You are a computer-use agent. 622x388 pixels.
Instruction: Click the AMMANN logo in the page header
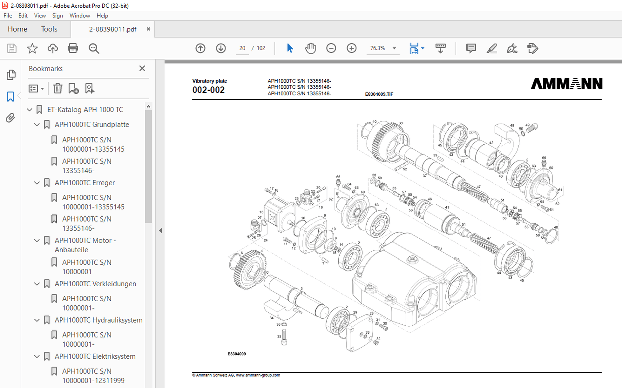coord(566,84)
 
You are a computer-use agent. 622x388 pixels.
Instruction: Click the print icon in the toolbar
coord(73,48)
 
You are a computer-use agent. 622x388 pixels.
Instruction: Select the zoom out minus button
coord(331,48)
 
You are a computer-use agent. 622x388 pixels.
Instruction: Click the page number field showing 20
coord(242,48)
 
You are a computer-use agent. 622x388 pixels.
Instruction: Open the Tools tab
coord(49,29)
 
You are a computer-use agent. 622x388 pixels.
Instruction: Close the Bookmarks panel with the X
coord(142,69)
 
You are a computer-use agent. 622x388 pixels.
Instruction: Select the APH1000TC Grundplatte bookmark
coord(92,125)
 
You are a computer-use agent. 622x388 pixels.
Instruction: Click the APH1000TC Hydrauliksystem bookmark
coord(98,320)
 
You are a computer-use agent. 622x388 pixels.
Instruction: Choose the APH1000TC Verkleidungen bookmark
coord(95,284)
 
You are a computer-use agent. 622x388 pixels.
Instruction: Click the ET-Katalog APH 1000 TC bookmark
coord(85,110)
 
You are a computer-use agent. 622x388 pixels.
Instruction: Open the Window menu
coord(80,16)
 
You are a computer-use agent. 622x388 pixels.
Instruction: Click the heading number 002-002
coord(208,90)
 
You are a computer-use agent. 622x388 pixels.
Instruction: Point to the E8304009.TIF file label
coord(379,94)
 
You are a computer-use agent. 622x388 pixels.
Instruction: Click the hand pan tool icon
coord(310,48)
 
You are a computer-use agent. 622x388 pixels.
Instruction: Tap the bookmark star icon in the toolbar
coord(32,48)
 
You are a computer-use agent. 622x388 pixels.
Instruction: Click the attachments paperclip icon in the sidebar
coord(10,118)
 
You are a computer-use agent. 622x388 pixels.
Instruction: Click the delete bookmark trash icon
coord(58,89)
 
